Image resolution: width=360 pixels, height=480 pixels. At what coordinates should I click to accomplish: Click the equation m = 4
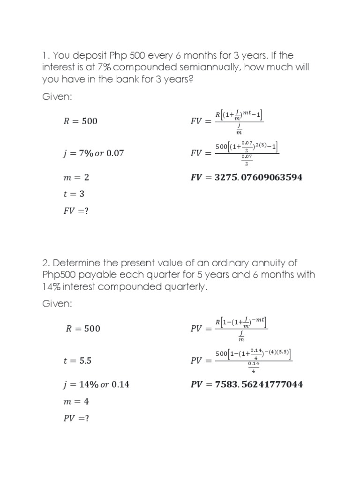[x=76, y=402]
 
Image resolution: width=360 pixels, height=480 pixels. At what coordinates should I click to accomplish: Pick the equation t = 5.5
[x=77, y=361]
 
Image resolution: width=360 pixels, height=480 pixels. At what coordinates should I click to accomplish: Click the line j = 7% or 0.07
[x=94, y=153]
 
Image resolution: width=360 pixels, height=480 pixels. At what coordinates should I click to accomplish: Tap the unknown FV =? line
[x=76, y=211]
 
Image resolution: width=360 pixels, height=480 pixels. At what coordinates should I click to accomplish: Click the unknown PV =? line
[x=76, y=419]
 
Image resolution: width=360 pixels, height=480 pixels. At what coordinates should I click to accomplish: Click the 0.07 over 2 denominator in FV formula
[x=246, y=160]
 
